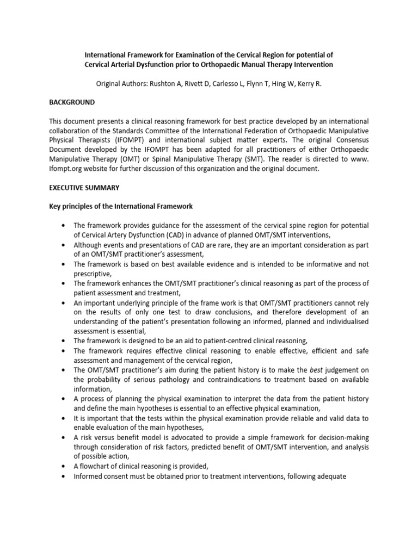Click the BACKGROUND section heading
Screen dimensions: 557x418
point(72,102)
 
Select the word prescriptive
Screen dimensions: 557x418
point(91,274)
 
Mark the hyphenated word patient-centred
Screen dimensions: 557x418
point(232,341)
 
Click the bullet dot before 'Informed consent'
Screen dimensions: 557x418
point(65,477)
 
